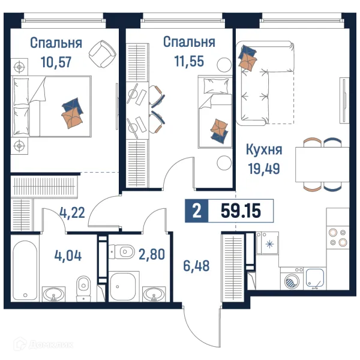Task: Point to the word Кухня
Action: click(x=264, y=150)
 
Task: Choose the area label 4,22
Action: click(x=71, y=211)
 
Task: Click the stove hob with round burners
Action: click(x=339, y=236)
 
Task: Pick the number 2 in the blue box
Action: click(x=196, y=211)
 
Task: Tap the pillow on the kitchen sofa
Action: click(x=247, y=59)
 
